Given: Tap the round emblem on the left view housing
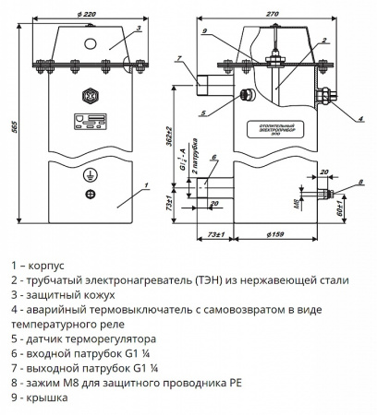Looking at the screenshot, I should coord(90,95).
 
